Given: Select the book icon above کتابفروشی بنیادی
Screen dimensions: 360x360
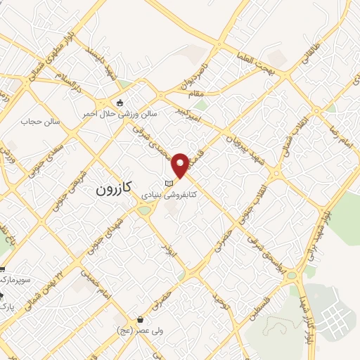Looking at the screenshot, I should point(168,184).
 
